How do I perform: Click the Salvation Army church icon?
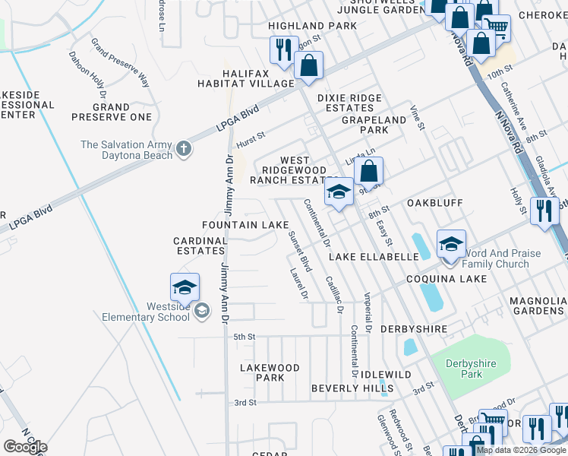tap(183, 149)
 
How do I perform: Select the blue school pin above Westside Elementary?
tap(185, 287)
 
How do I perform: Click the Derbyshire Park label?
tap(470, 369)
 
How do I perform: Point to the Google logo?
tap(25, 447)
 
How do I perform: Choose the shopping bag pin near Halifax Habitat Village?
tap(309, 67)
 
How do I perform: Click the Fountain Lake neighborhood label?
tap(245, 225)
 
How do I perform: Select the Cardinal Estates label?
tap(200, 245)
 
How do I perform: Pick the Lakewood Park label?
tap(270, 372)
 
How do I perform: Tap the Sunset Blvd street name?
tap(300, 252)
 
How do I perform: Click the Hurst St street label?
tap(250, 136)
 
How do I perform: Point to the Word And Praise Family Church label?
tap(500, 258)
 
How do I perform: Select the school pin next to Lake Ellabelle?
tap(451, 244)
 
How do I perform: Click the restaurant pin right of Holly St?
tap(544, 211)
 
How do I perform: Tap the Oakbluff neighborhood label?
tap(436, 203)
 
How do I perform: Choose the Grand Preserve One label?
tap(112, 112)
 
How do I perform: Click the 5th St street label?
tap(243, 337)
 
